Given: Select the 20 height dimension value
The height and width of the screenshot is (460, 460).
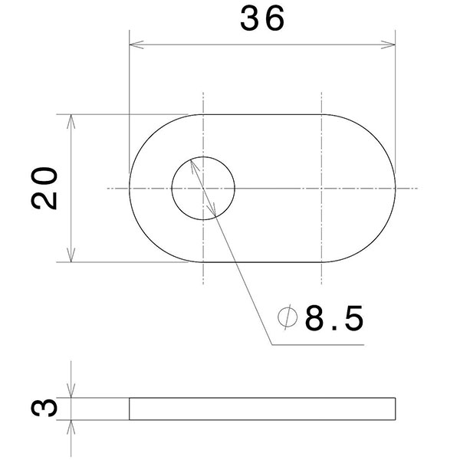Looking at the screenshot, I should click(46, 188).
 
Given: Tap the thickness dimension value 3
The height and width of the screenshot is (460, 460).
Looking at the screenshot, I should click(46, 408).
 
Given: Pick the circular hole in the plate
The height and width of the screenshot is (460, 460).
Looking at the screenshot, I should click(202, 189).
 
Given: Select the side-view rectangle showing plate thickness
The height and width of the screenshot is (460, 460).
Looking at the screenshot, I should click(262, 409).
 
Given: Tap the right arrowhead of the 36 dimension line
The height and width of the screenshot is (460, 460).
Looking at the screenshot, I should click(390, 43).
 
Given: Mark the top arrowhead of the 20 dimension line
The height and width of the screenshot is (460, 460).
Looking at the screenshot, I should click(72, 120).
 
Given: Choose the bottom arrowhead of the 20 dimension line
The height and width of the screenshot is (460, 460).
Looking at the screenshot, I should click(72, 257).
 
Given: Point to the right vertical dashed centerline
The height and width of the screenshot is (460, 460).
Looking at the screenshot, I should click(321, 138).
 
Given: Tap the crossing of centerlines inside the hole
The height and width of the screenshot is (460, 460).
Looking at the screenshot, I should click(203, 189).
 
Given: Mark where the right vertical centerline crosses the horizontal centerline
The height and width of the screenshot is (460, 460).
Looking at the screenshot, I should click(321, 189).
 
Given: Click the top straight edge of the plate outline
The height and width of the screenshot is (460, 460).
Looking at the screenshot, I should click(262, 115).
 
